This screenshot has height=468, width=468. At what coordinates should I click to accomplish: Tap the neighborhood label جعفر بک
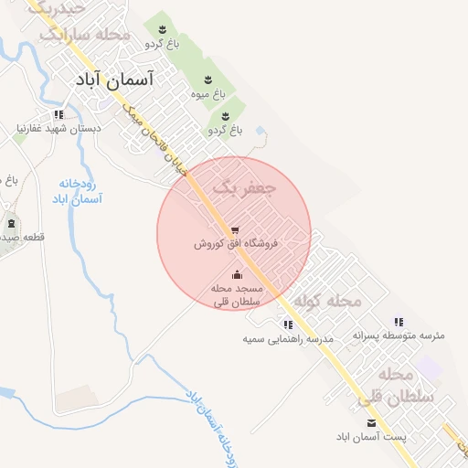244,188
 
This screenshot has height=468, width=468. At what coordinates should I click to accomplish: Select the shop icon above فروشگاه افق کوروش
236,229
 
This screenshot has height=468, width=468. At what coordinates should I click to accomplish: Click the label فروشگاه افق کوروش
236,245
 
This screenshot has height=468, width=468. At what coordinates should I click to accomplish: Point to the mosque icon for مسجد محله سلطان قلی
237,274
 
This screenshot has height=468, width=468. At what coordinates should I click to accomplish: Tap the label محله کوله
331,301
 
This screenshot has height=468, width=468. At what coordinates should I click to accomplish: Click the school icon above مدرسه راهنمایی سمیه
288,324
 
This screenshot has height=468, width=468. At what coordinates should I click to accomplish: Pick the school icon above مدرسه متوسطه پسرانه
399,322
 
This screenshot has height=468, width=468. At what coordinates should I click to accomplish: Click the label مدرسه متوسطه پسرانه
399,336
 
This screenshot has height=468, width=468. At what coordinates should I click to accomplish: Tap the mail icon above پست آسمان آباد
371,422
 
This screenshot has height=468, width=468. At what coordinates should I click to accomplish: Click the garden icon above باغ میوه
207,80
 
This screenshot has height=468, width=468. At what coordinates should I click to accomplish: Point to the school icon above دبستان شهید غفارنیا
59,115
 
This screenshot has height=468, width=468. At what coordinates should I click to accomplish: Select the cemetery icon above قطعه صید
11,224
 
